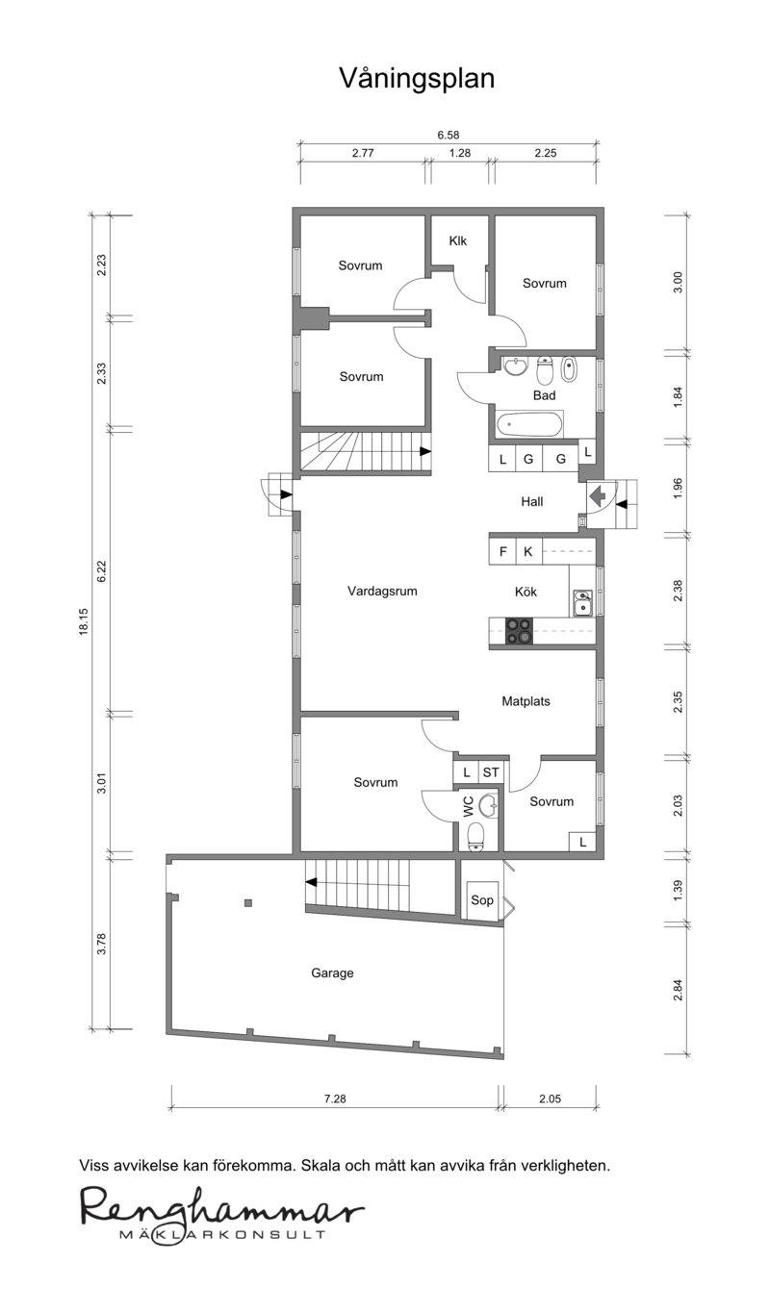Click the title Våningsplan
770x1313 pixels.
[417, 79]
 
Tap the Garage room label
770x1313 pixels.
[332, 973]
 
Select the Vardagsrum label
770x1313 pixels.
[382, 591]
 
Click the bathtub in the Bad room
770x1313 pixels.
[530, 424]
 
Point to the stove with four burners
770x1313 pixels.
[520, 631]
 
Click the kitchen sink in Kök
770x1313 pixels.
[582, 602]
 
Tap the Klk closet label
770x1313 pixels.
[458, 240]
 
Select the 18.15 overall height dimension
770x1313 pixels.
[84, 621]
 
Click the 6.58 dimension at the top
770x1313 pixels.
[448, 136]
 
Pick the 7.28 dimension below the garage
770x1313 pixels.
[335, 1099]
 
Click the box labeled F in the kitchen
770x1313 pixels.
[502, 551]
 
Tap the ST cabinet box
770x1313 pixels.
[492, 772]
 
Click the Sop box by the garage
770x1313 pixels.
[482, 899]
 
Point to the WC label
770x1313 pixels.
[469, 806]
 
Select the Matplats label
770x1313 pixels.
[526, 701]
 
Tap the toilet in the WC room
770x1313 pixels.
[476, 836]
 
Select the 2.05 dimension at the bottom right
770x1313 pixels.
[551, 1099]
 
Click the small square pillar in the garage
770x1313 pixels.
[249, 902]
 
